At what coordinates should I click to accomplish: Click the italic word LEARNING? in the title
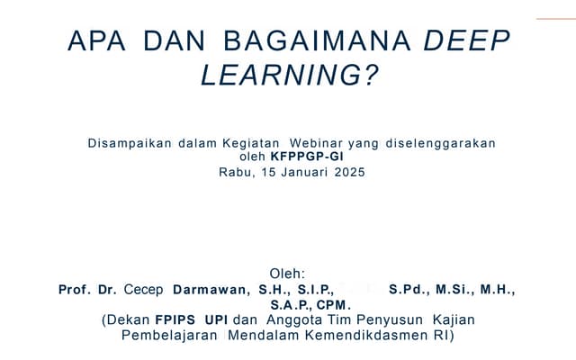288,76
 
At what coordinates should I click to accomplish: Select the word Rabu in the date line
237,172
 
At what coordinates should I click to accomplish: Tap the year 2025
349,172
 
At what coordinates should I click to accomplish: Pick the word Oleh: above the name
287,274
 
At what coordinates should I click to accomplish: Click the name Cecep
144,290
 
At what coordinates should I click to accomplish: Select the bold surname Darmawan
209,290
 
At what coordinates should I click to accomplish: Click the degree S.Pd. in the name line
408,290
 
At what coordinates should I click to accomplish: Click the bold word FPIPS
176,320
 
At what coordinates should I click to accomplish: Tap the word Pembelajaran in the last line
169,336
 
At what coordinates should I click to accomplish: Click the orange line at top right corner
555,18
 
